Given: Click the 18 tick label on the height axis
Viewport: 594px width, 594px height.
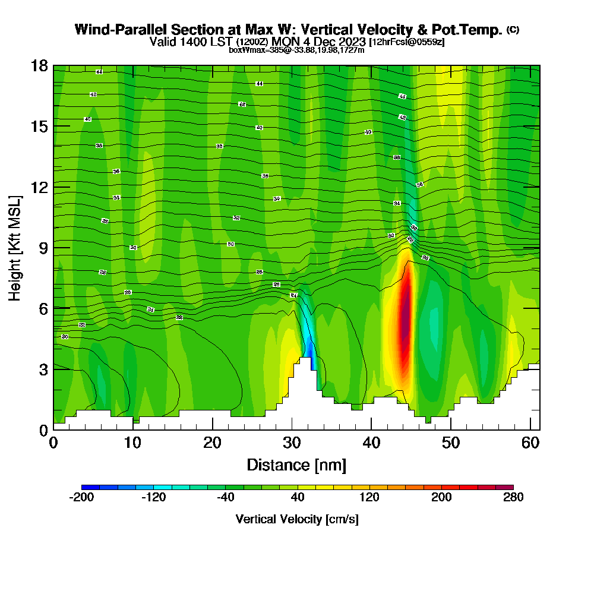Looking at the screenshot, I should click(x=39, y=66).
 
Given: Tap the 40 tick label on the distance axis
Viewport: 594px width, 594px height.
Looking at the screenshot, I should click(x=371, y=443).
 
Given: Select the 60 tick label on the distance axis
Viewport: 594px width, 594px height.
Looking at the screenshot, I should click(x=531, y=443).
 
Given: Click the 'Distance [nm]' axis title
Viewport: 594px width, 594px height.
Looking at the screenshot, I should click(x=296, y=465).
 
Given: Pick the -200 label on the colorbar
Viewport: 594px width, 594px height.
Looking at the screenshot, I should click(x=82, y=498).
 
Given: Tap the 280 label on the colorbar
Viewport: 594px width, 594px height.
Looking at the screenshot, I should click(x=513, y=498).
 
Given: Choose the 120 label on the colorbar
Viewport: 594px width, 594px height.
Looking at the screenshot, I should click(x=369, y=498).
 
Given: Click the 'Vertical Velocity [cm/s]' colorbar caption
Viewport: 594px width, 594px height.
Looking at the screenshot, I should click(x=297, y=519).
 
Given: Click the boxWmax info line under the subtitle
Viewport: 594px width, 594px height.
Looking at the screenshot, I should click(x=296, y=50).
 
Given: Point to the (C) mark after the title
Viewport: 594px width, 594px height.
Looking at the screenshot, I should click(x=513, y=30).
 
